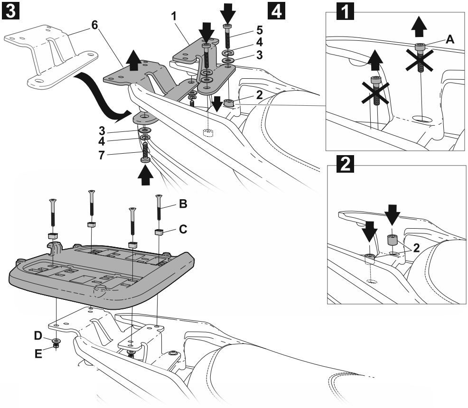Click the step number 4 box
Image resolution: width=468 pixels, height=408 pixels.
(x=277, y=10)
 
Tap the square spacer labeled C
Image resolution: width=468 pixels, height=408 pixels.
(x=159, y=232)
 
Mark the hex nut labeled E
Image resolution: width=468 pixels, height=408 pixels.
(x=56, y=347)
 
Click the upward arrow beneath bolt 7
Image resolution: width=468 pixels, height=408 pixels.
(x=146, y=179)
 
